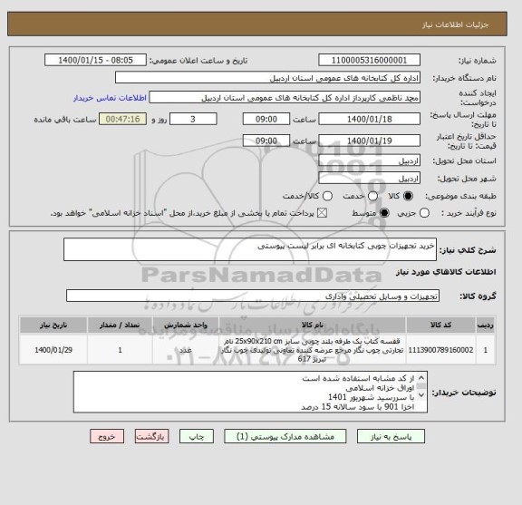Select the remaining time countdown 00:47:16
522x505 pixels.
pyautogui.click(x=124, y=119)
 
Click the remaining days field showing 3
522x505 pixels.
pyautogui.click(x=194, y=119)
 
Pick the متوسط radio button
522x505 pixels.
pyautogui.click(x=384, y=214)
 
